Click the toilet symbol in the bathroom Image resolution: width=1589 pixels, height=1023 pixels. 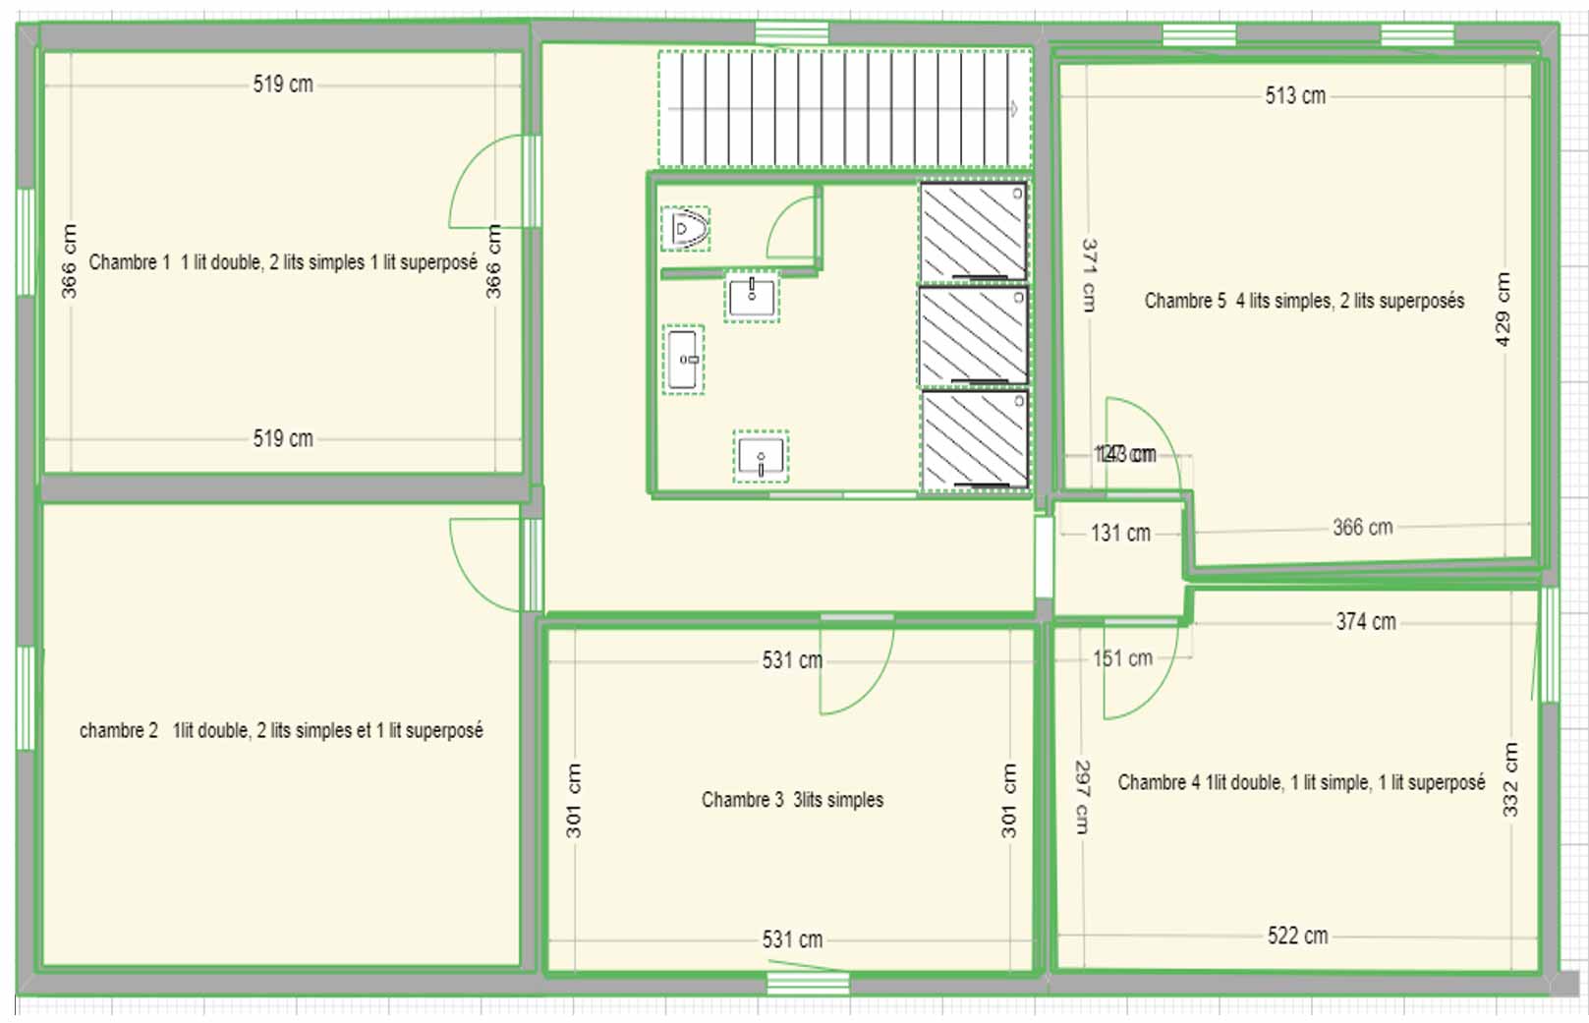[x=685, y=229]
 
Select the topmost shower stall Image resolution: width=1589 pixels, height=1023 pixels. [x=973, y=232]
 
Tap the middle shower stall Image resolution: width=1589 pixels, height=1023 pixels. [x=973, y=336]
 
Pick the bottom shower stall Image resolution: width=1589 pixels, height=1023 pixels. [x=974, y=439]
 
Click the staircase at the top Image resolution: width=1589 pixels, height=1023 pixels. [x=843, y=109]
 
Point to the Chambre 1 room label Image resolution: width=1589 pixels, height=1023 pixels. [x=283, y=262]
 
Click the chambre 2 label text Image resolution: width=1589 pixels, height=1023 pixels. [x=281, y=730]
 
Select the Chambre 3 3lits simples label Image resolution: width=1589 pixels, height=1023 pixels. [x=792, y=800]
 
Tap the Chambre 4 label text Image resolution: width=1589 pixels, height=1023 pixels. [x=1301, y=782]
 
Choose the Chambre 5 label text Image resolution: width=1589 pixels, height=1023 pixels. [x=1304, y=301]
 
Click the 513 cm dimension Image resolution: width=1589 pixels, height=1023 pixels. [x=1295, y=95]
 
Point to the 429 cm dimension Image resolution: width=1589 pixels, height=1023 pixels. [x=1503, y=309]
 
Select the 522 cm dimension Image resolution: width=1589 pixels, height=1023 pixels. [x=1297, y=936]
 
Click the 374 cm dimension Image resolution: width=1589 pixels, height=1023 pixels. [x=1365, y=621]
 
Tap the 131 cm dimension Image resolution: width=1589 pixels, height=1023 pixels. [x=1120, y=533]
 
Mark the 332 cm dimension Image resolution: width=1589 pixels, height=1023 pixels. [x=1510, y=779]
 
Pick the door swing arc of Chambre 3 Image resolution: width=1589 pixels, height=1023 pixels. [x=865, y=678]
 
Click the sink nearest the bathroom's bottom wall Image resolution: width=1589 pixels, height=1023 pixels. [x=761, y=457]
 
